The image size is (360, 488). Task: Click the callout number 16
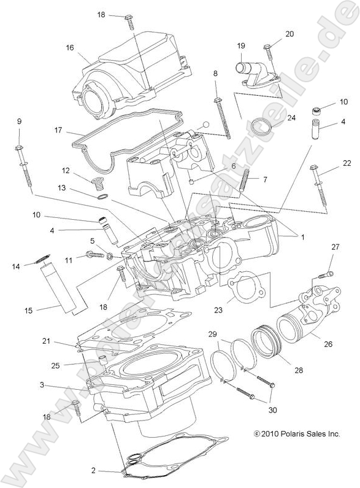point(70,47)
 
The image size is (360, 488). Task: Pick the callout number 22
point(347,163)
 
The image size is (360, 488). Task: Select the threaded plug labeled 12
point(98,182)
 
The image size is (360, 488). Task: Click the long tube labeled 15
point(60,286)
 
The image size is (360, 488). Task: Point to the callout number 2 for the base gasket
point(93,471)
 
